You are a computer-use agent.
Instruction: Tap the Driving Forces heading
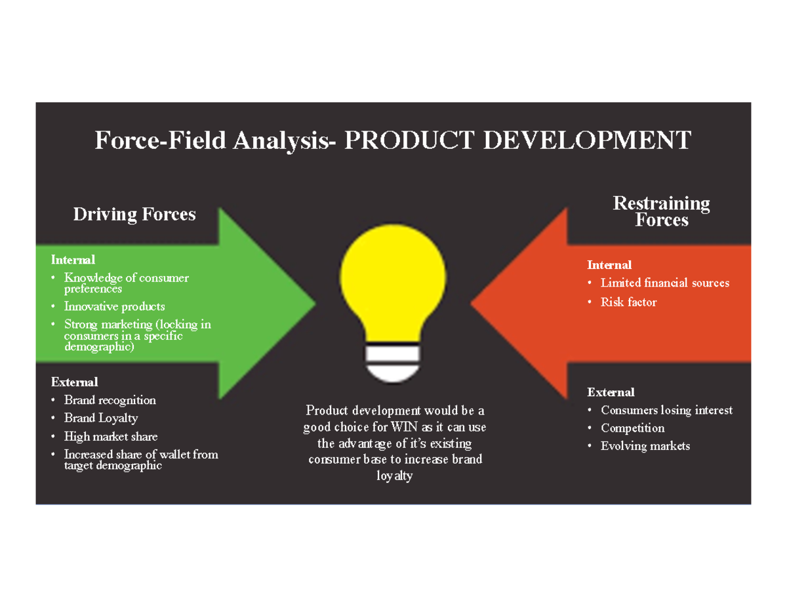[x=134, y=214]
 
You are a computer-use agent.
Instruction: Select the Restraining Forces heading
[x=661, y=211]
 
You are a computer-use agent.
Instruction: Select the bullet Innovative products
[x=114, y=306]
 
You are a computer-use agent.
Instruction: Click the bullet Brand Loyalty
[x=100, y=418]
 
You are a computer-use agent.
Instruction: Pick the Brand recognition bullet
[x=110, y=399]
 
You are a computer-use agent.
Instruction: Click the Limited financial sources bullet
[x=664, y=283]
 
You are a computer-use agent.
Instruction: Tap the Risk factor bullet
[x=628, y=302]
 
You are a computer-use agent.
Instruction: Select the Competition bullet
[x=632, y=428]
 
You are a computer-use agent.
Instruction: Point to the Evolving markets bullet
[x=645, y=446]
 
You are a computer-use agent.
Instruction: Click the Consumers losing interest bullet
[x=666, y=410]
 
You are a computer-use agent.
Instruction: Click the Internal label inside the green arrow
[x=73, y=260]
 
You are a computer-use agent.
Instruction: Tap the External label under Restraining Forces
[x=611, y=392]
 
